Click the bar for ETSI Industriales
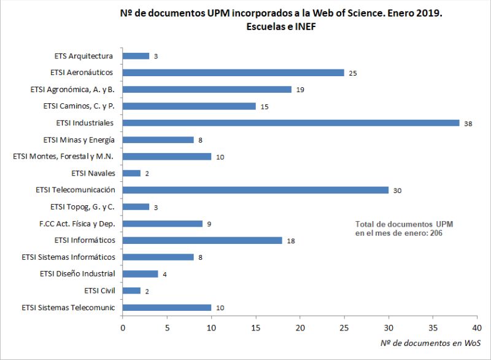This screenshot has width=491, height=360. point(291,123)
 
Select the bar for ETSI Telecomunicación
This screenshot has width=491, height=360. point(255,190)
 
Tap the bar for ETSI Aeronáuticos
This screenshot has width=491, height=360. point(233,72)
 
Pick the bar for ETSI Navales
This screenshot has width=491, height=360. point(132,173)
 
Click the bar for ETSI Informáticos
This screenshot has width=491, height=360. point(203,240)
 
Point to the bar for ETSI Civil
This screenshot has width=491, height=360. point(132,291)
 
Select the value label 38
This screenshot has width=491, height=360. point(468,123)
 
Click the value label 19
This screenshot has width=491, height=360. point(300,90)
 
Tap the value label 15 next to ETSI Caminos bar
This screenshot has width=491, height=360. point(265,106)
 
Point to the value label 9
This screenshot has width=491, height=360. point(209,224)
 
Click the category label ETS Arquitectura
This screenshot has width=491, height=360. point(83,56)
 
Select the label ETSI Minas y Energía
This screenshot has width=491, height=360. point(79,139)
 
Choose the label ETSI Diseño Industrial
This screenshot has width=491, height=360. point(77,273)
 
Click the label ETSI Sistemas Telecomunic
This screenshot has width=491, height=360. point(69,307)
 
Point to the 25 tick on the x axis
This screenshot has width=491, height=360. point(344,329)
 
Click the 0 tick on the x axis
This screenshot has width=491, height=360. point(123,329)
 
